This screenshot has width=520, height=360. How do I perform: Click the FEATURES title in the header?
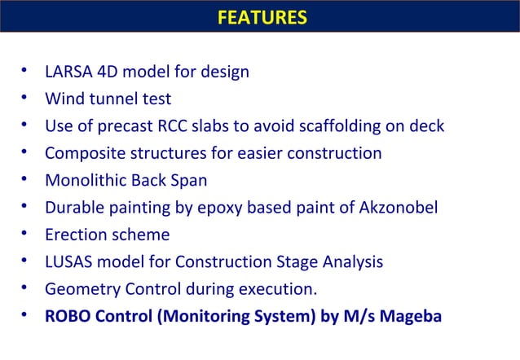pyautogui.click(x=262, y=17)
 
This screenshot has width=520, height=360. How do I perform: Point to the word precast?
pyautogui.click(x=120, y=126)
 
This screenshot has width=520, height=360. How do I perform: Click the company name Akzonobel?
pyautogui.click(x=399, y=208)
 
